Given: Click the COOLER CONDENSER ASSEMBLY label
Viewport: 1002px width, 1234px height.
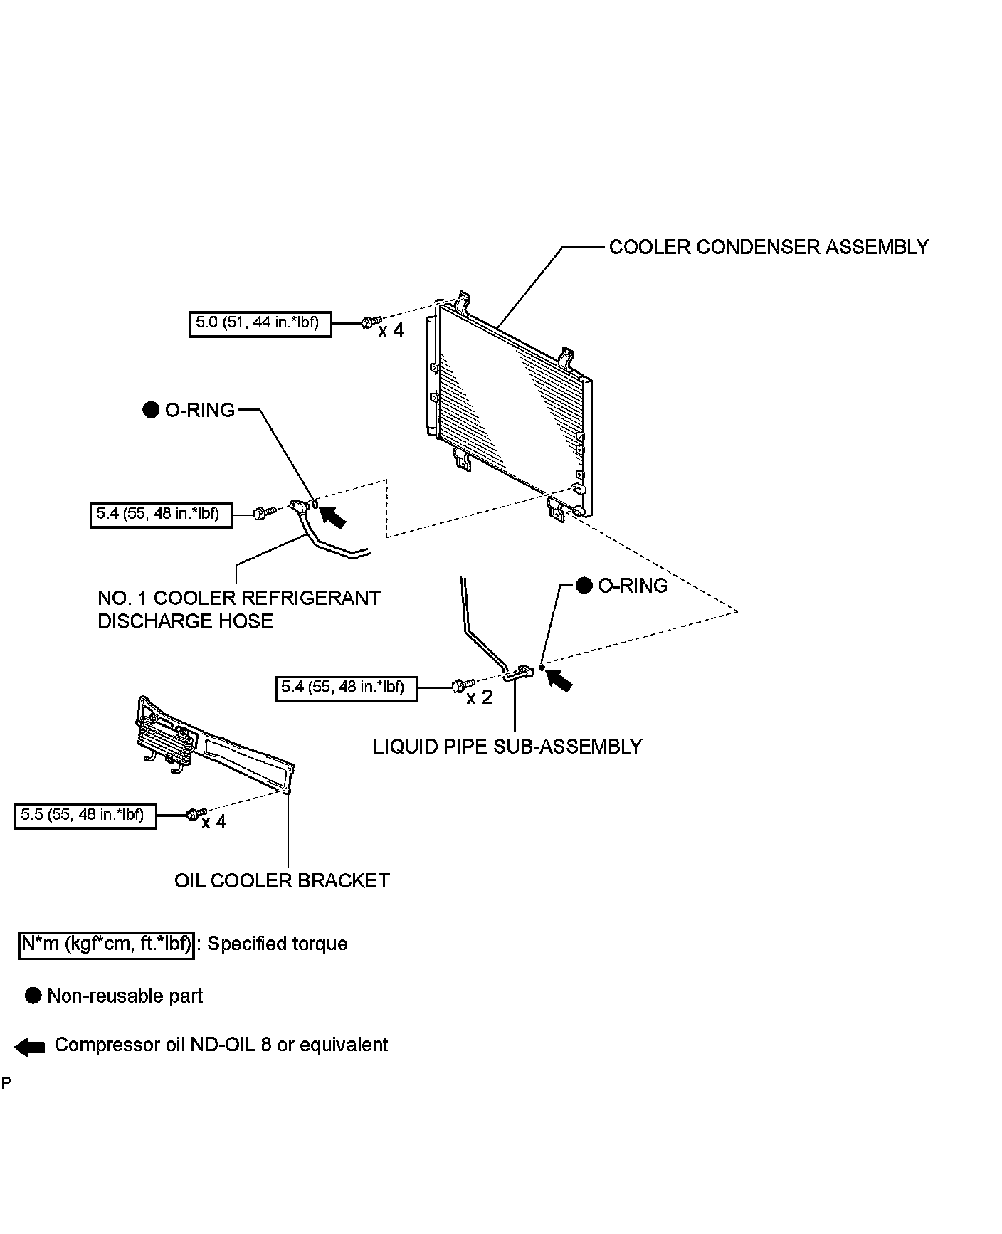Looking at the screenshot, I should click(769, 247).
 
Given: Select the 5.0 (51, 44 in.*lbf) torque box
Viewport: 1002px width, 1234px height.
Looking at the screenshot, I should click(260, 323).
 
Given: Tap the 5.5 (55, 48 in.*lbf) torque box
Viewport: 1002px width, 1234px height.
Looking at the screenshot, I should click(85, 816).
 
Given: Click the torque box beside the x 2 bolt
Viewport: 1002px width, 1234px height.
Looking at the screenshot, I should click(346, 688).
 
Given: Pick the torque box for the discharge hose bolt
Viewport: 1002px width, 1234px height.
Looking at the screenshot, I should click(161, 513).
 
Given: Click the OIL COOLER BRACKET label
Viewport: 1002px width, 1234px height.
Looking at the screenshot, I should click(282, 881).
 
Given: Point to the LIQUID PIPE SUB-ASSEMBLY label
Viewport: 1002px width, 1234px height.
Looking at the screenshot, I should click(507, 747).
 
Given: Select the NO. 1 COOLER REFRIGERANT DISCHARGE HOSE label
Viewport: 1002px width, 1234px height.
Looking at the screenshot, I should click(238, 609).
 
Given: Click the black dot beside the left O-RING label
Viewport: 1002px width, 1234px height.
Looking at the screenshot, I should click(151, 410).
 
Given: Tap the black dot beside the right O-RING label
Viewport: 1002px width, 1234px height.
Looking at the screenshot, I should click(584, 586).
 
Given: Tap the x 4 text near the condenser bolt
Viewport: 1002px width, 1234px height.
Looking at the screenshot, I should click(391, 331).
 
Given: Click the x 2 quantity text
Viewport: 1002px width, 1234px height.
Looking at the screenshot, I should click(479, 698).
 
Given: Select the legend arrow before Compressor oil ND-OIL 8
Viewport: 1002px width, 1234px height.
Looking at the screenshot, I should click(29, 1046).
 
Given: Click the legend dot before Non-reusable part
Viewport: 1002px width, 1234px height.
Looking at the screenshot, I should click(33, 996).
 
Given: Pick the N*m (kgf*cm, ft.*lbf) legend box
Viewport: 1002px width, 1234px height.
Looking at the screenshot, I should click(106, 944).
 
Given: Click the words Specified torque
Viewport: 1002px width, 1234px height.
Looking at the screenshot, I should click(277, 944).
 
